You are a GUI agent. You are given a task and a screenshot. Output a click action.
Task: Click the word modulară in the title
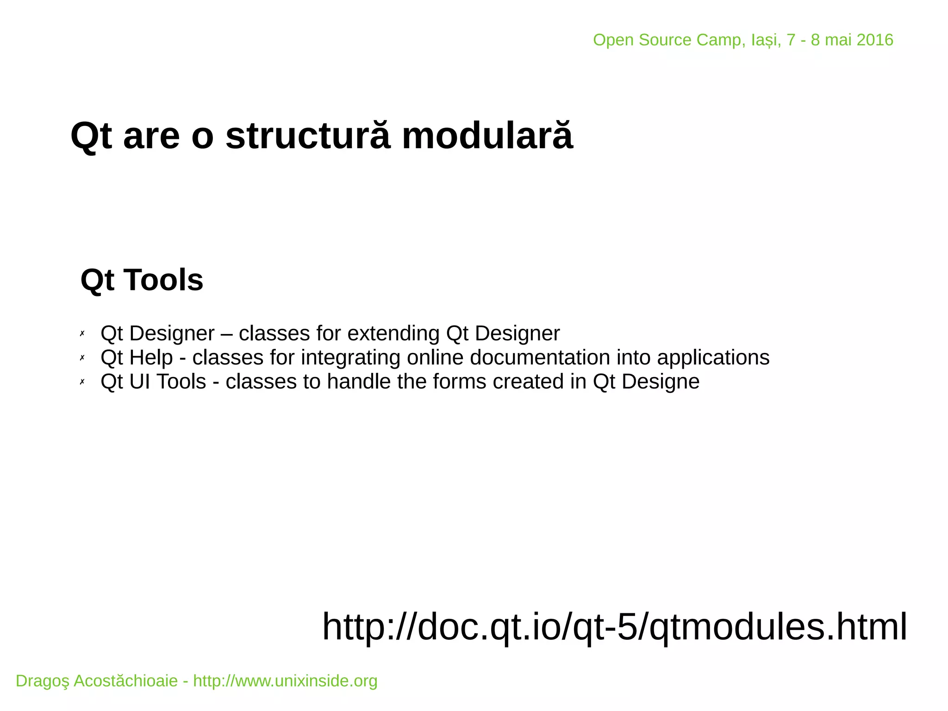[487, 136]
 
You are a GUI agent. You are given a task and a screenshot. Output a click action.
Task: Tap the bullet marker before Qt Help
[82, 358]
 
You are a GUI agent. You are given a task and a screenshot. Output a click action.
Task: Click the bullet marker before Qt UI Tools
[82, 382]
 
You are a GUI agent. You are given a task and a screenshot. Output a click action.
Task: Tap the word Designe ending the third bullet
[660, 382]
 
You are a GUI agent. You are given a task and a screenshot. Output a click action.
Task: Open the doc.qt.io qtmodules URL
[614, 626]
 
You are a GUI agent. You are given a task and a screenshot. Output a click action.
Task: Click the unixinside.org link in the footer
[285, 681]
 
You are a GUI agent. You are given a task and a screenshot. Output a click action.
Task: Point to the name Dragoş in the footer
[43, 681]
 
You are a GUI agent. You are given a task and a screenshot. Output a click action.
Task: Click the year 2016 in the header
[875, 40]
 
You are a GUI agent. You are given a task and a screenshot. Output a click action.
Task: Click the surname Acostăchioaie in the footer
[125, 681]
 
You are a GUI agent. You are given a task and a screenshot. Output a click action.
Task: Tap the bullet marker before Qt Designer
[82, 333]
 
